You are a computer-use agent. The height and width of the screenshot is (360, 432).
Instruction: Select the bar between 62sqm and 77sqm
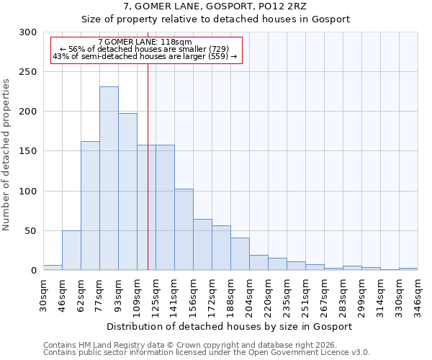point(90,206)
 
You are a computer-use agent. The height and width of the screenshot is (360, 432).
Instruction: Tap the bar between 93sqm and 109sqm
point(127,192)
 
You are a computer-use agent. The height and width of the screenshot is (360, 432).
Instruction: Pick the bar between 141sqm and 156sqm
point(184,230)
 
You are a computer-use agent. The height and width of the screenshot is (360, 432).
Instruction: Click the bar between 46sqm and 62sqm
point(71,251)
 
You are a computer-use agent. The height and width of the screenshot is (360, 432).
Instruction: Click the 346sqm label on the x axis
point(418,295)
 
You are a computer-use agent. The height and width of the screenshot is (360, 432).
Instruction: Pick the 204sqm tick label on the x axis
point(249,295)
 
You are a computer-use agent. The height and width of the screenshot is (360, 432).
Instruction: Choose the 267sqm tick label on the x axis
point(324,295)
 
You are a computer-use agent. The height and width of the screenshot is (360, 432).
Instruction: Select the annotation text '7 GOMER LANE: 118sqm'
point(145,42)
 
